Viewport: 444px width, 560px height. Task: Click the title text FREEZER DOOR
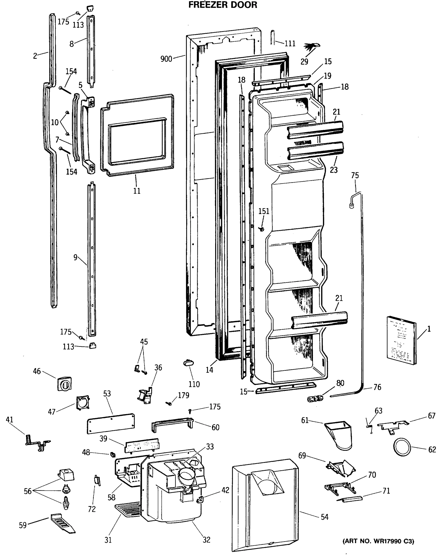pyautogui.click(x=223, y=5)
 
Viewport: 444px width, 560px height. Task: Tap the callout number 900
pyautogui.click(x=166, y=59)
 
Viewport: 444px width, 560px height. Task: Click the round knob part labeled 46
pyautogui.click(x=64, y=383)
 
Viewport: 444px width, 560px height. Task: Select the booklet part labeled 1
pyautogui.click(x=401, y=340)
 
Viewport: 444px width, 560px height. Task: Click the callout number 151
pyautogui.click(x=264, y=211)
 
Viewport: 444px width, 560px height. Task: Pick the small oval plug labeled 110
pyautogui.click(x=189, y=363)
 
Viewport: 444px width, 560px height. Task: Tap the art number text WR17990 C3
pyautogui.click(x=378, y=541)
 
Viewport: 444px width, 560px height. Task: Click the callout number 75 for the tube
pyautogui.click(x=355, y=175)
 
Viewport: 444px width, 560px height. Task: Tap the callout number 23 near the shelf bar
pyautogui.click(x=334, y=170)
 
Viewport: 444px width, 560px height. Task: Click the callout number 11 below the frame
pyautogui.click(x=137, y=191)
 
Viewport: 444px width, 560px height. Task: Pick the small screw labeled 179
pyautogui.click(x=169, y=403)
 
